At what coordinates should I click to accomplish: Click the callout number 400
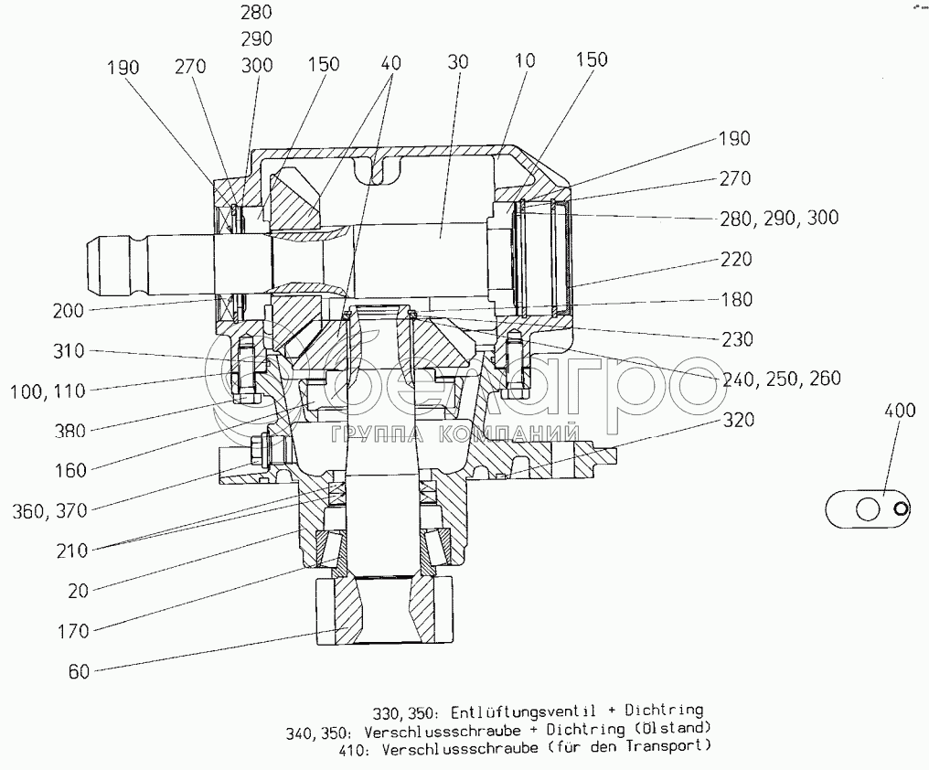point(899,412)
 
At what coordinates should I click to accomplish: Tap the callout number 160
point(69,470)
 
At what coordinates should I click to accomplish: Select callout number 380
point(69,432)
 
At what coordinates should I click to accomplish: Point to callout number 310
point(69,351)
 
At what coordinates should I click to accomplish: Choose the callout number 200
point(69,311)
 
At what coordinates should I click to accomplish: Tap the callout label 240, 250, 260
point(782,379)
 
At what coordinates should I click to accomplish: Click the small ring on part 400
point(902,508)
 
